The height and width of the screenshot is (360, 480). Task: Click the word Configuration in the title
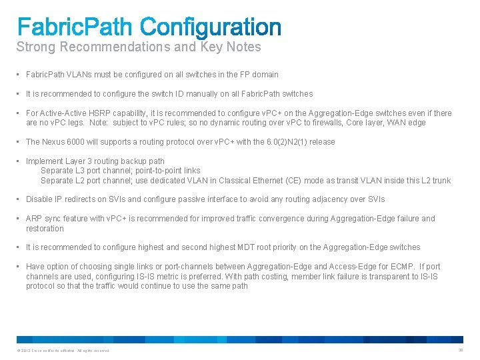212,27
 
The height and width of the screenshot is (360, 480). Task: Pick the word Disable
40,199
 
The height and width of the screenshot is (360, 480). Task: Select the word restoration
45,229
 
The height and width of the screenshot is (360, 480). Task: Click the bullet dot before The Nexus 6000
19,142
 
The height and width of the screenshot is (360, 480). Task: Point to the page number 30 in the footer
460,351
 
